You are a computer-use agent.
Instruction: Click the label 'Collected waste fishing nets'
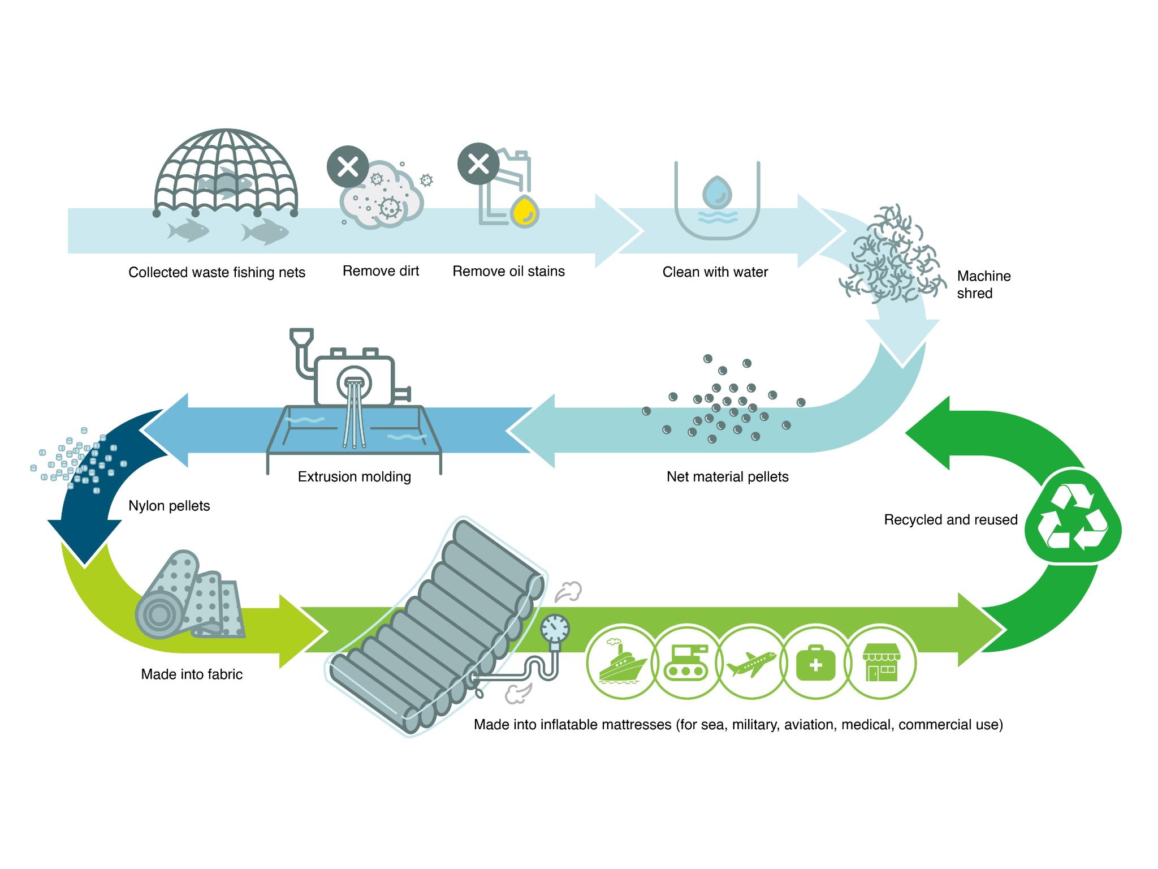coord(217,273)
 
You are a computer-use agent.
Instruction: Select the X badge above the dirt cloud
coord(348,167)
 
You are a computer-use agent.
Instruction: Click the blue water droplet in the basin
coord(717,191)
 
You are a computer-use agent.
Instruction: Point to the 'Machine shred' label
coord(984,285)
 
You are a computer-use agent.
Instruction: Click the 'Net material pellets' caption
coord(727,477)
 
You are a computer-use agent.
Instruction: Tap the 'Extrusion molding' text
coord(354,477)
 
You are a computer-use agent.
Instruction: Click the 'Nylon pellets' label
coord(169,506)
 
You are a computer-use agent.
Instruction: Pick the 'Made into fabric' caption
coord(192,674)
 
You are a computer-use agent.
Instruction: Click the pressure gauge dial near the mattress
coord(555,627)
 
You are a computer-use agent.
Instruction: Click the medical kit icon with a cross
coord(815,662)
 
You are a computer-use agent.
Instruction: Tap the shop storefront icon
coord(880,662)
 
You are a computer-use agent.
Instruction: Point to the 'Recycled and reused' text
coord(950,520)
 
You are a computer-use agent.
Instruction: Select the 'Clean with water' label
coord(715,272)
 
